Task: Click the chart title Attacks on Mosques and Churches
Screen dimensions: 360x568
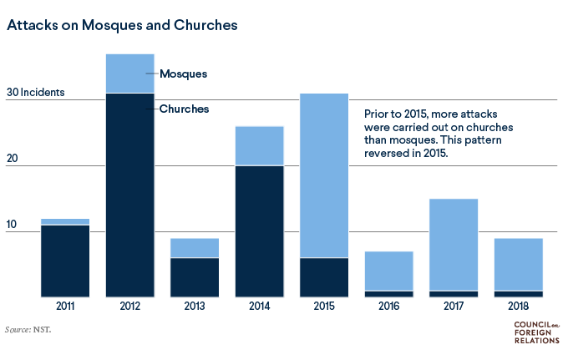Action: coord(122,25)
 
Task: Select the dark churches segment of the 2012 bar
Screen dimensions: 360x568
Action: coord(129,195)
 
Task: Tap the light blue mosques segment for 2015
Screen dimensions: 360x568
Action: coord(324,175)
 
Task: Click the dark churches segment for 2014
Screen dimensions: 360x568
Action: coord(259,231)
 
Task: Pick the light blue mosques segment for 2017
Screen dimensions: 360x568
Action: coord(454,244)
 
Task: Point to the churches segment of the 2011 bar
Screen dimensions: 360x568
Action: coord(64,261)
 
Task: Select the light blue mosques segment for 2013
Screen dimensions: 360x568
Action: coord(194,248)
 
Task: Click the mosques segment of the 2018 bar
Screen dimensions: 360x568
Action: coord(519,264)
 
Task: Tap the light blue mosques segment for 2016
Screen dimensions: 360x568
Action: coord(388,271)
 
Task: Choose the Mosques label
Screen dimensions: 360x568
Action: coord(183,74)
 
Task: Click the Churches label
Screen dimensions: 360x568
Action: coord(184,109)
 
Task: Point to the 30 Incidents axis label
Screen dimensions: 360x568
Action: coord(35,92)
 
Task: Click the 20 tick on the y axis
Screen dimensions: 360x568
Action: coord(13,159)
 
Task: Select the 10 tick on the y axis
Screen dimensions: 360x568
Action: coord(13,224)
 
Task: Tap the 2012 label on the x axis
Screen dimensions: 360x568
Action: coord(129,306)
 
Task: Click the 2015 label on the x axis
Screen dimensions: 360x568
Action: coord(324,306)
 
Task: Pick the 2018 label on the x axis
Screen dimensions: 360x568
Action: coord(519,306)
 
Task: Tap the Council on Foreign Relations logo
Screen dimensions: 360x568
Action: coord(534,332)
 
